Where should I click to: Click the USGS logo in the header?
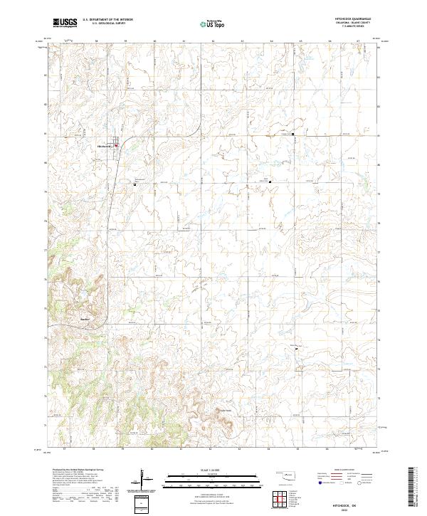65,23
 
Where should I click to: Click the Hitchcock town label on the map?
105,147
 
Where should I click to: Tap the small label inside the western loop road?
84,317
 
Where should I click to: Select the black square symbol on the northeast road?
292,134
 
